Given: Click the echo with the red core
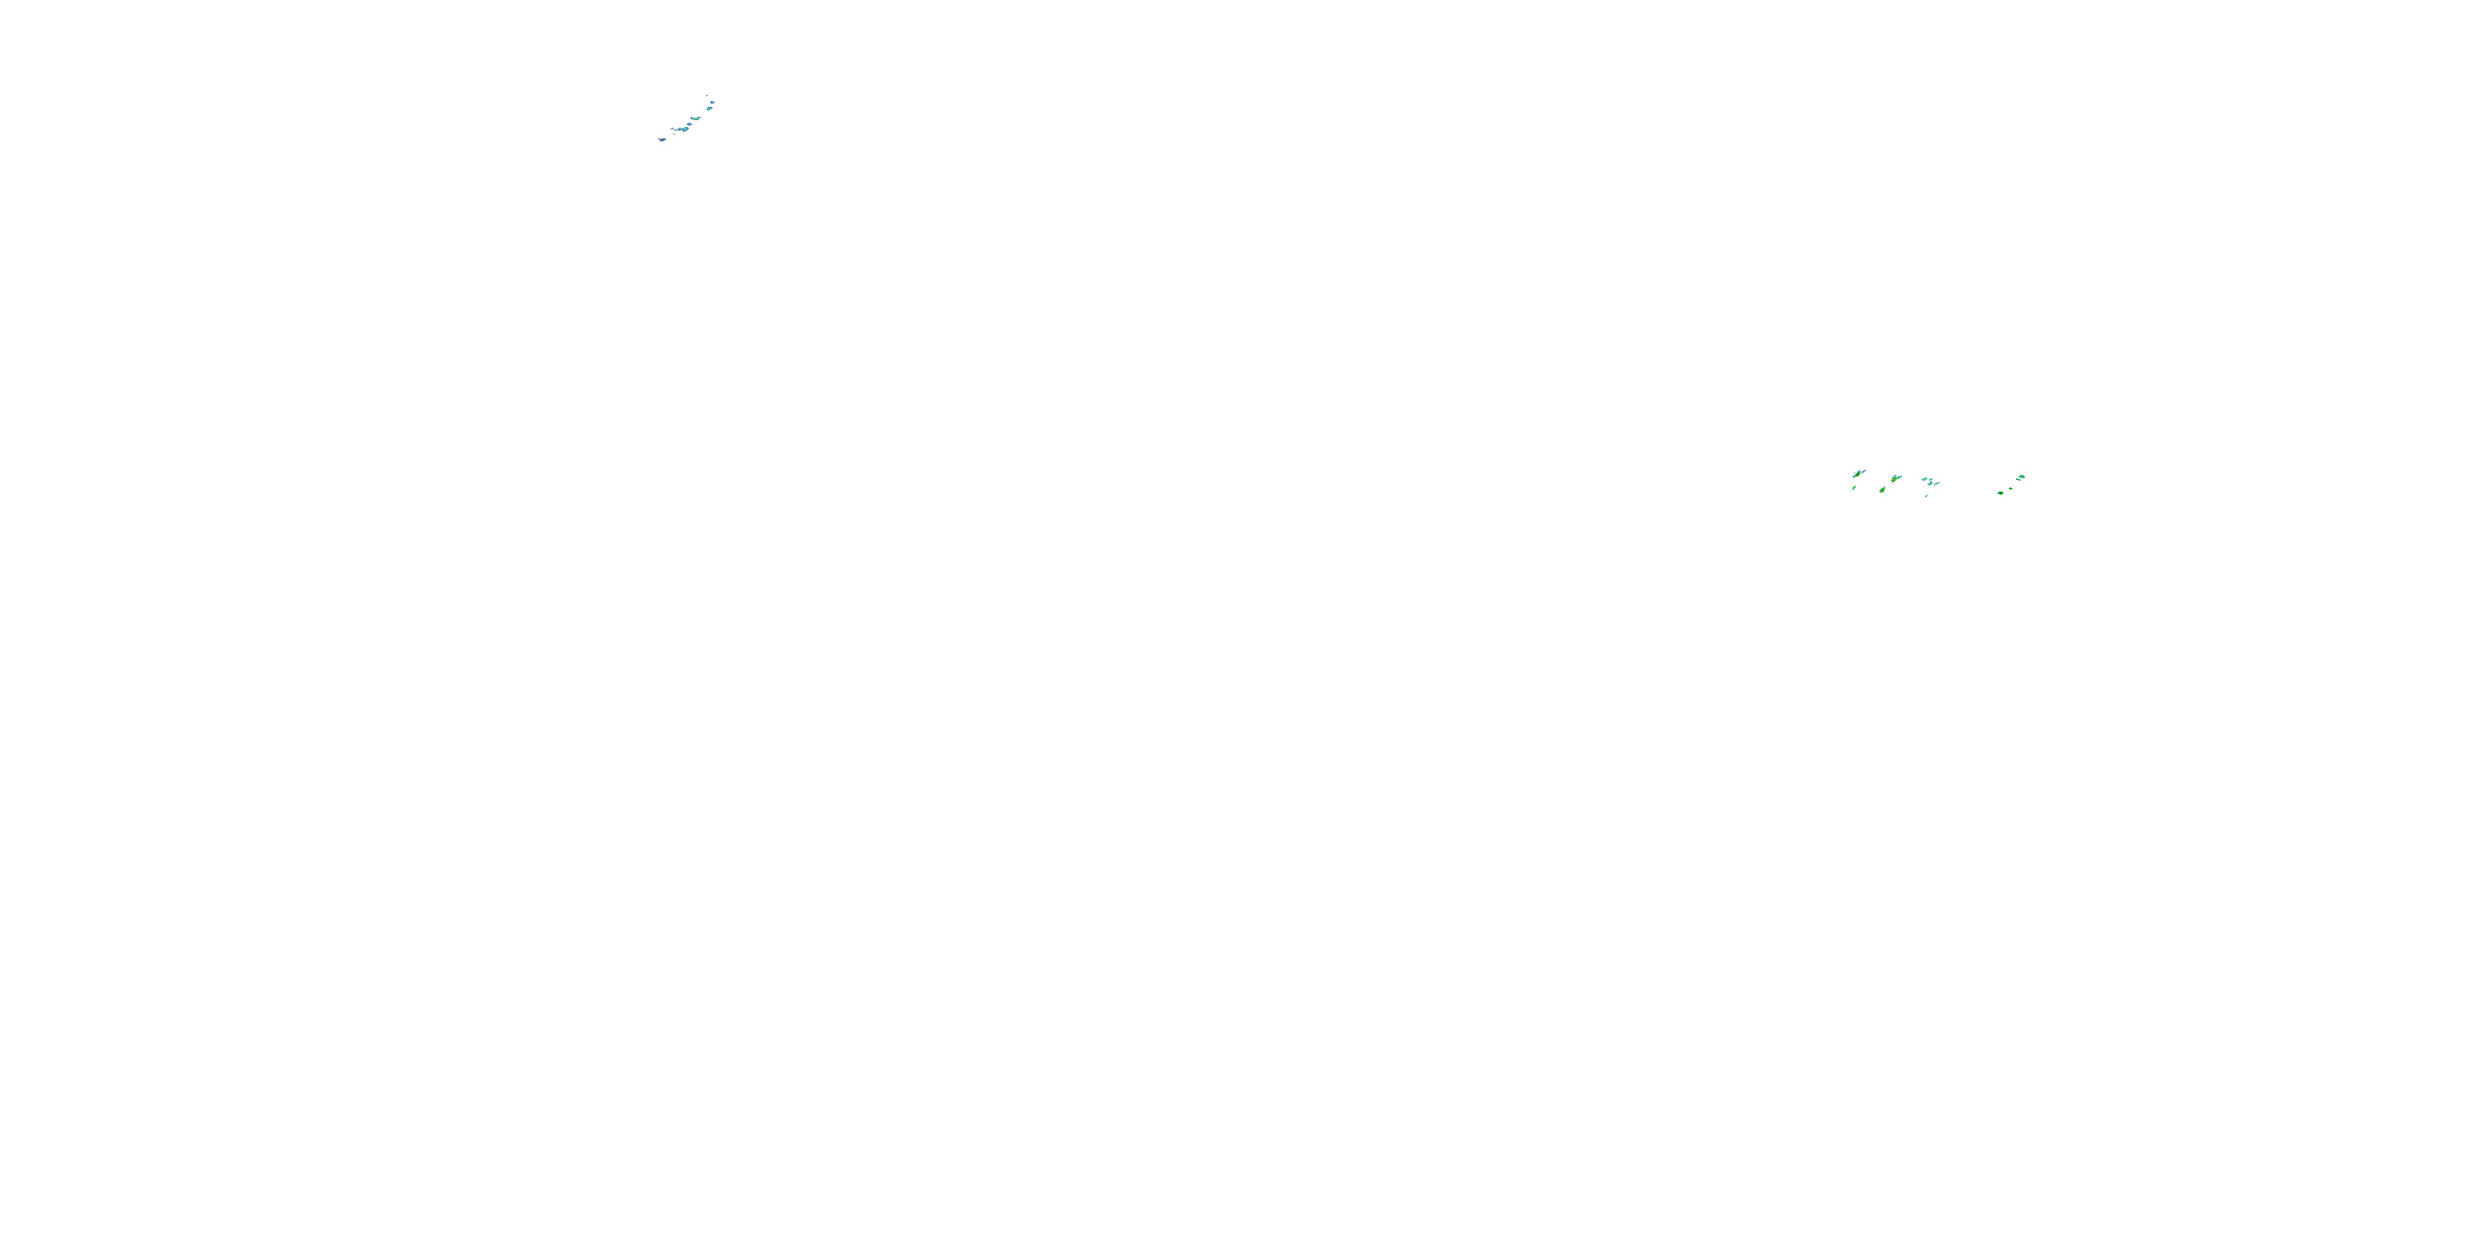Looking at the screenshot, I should pos(1883,491).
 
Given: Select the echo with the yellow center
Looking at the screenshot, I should pos(1894,480).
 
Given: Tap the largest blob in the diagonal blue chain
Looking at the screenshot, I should pos(685,129).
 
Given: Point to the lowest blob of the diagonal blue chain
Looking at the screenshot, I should pos(662,140).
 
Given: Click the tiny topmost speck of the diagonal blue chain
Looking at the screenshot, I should pos(708,96).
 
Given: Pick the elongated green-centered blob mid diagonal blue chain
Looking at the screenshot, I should pos(696,118).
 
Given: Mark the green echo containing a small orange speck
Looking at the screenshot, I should pos(1858,475).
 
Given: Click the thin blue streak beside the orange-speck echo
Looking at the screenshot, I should pos(1864,472).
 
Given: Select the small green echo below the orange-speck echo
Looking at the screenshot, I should pos(1854,487).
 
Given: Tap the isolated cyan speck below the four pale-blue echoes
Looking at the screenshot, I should pos(1927,496).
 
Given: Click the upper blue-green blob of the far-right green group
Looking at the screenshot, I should pos(2022,476).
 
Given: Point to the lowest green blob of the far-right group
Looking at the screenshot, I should pos(2000,493).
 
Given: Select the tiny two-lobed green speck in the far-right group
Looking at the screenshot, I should pos(2011,489).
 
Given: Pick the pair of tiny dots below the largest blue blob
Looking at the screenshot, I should pos(675,135).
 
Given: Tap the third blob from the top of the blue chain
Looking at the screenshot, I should pos(709,109).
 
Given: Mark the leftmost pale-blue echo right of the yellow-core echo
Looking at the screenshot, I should pos(1924,479).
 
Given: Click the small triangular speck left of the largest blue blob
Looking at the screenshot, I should pos(673,129).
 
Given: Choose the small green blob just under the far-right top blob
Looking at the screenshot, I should pos(2019,481).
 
